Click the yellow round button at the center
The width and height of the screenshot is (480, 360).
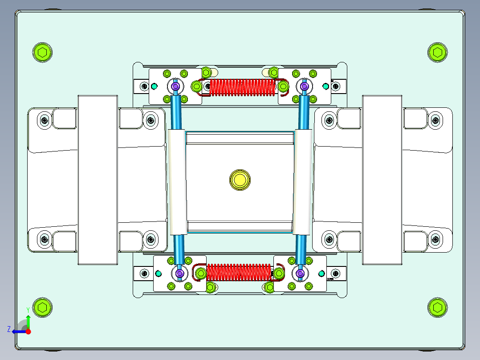[240, 180]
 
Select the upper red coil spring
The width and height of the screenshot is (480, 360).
[242, 87]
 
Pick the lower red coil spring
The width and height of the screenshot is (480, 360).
[239, 272]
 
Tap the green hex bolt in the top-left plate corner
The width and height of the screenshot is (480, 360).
[42, 53]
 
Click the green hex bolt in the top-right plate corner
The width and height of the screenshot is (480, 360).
[437, 53]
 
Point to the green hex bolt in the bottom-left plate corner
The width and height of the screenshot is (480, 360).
[42, 307]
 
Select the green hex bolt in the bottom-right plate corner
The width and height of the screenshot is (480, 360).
[437, 307]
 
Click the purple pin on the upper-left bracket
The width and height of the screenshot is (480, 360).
[175, 86]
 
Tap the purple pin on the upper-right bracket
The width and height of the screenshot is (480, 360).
[304, 86]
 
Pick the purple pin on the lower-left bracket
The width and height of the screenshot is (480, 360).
[180, 273]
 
